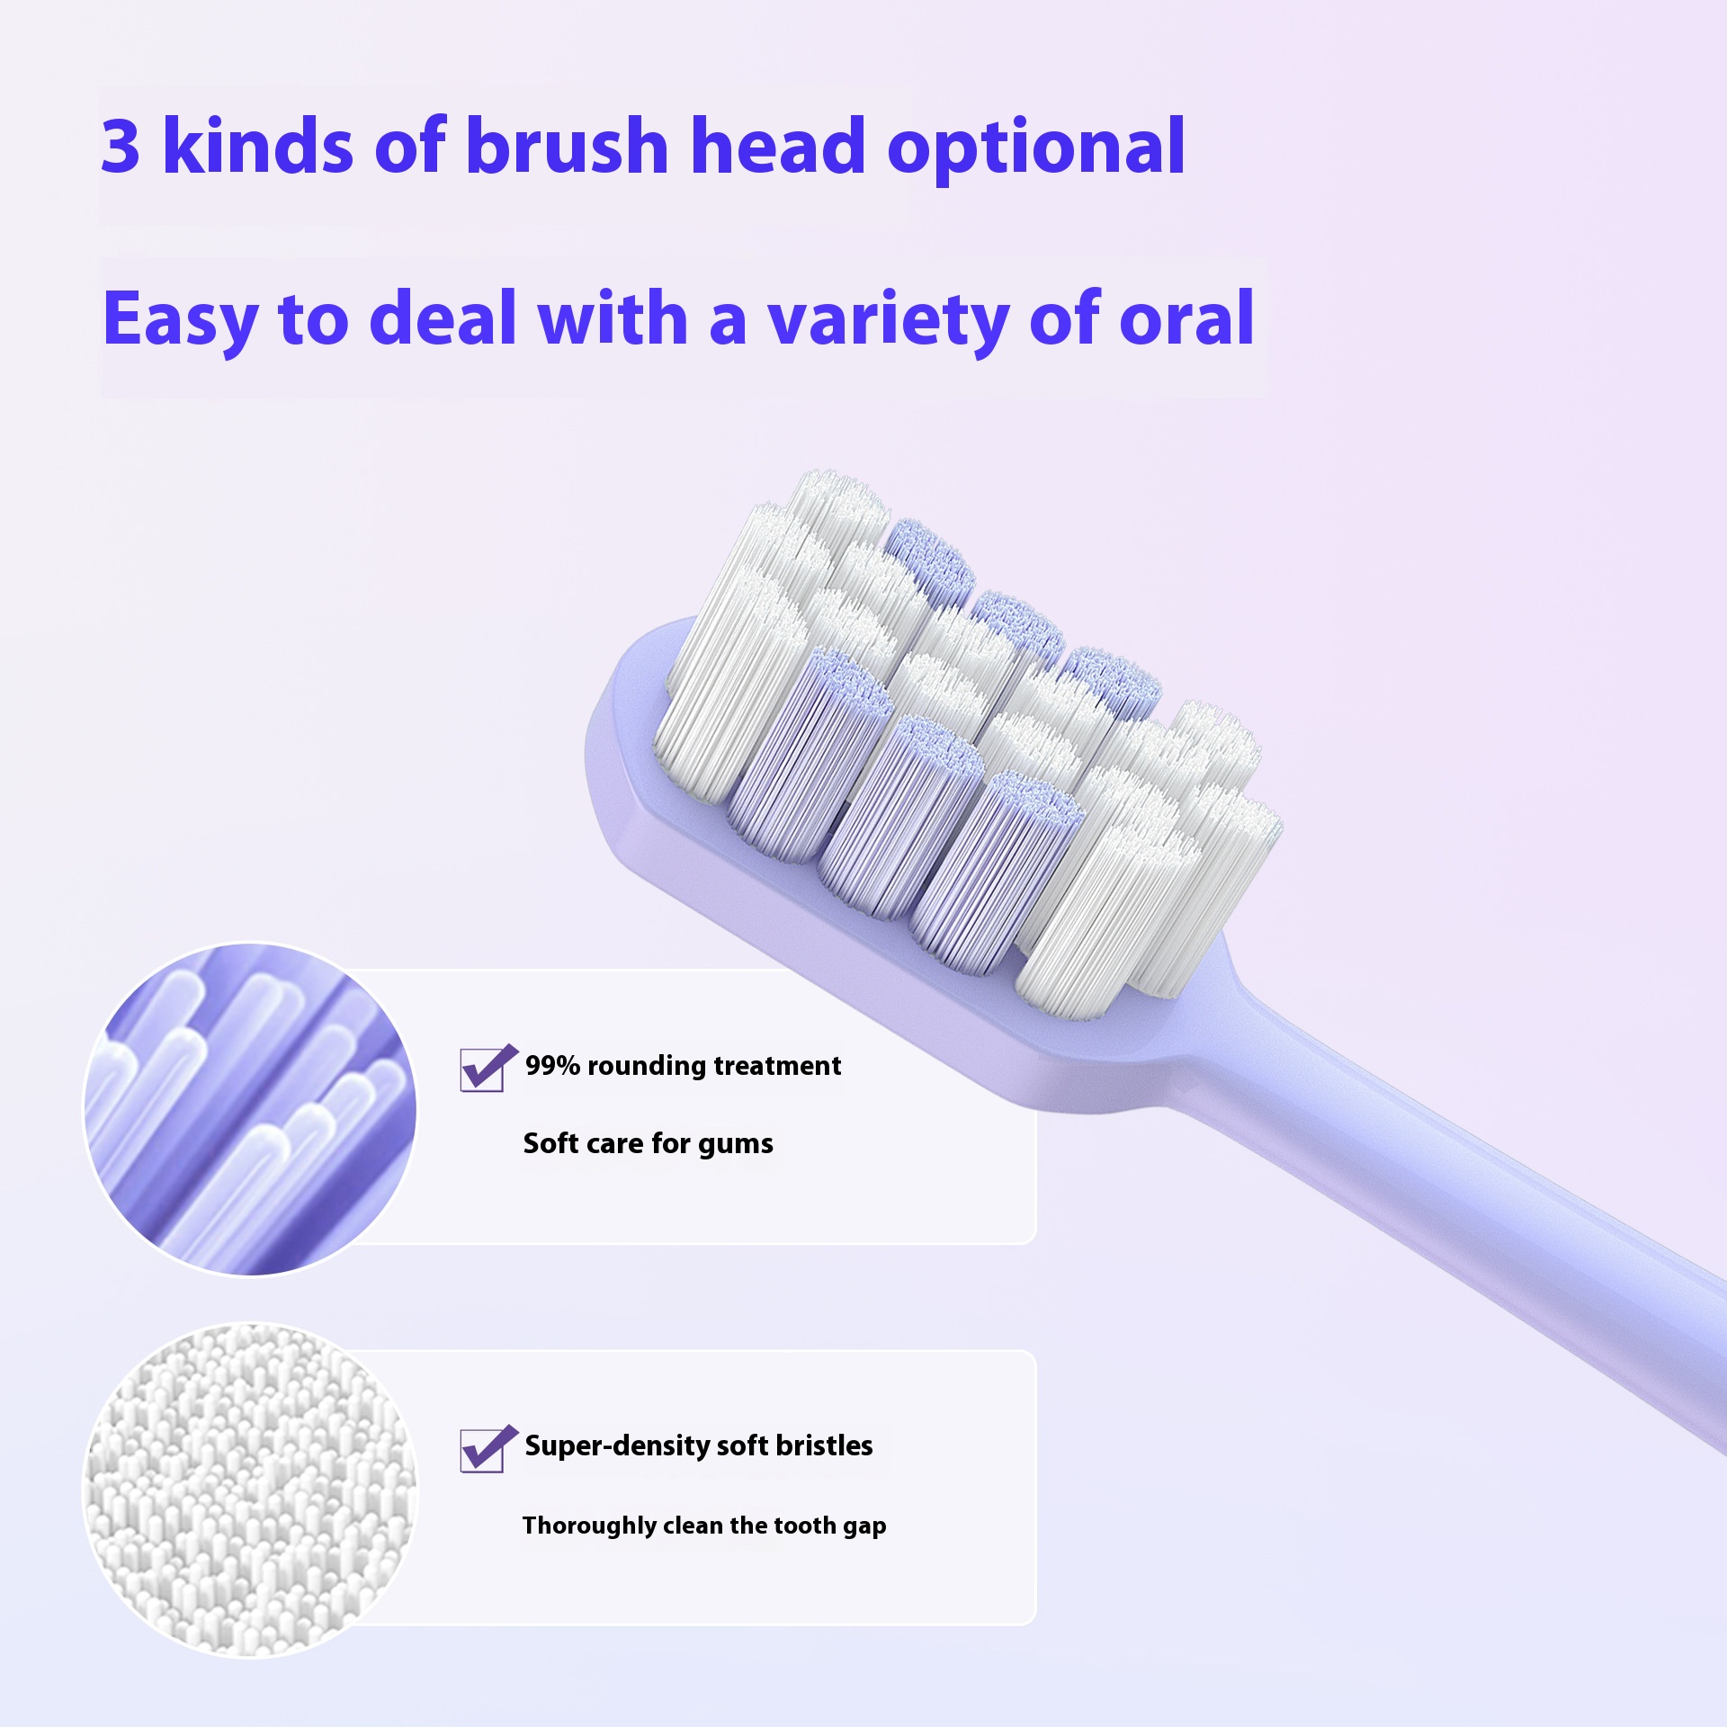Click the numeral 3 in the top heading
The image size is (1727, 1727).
(x=121, y=145)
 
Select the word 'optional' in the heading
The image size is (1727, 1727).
(x=1036, y=149)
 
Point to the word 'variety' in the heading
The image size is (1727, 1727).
(x=888, y=322)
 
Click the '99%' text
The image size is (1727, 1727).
(x=552, y=1066)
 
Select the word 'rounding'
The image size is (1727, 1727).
(x=647, y=1068)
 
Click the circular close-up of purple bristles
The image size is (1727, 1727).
(x=250, y=1109)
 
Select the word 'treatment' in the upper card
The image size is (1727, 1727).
(x=777, y=1066)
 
